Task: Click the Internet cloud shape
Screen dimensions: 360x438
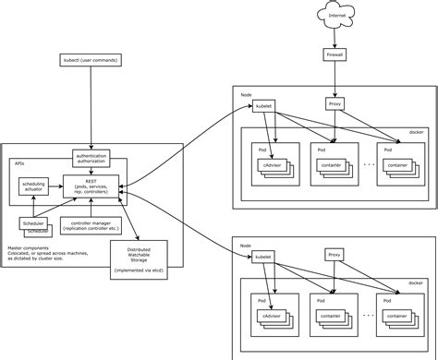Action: tap(335, 17)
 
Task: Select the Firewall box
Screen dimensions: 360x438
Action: tap(335, 55)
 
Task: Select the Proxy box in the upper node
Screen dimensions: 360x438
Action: tap(335, 104)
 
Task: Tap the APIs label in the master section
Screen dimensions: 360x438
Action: tap(18, 162)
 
